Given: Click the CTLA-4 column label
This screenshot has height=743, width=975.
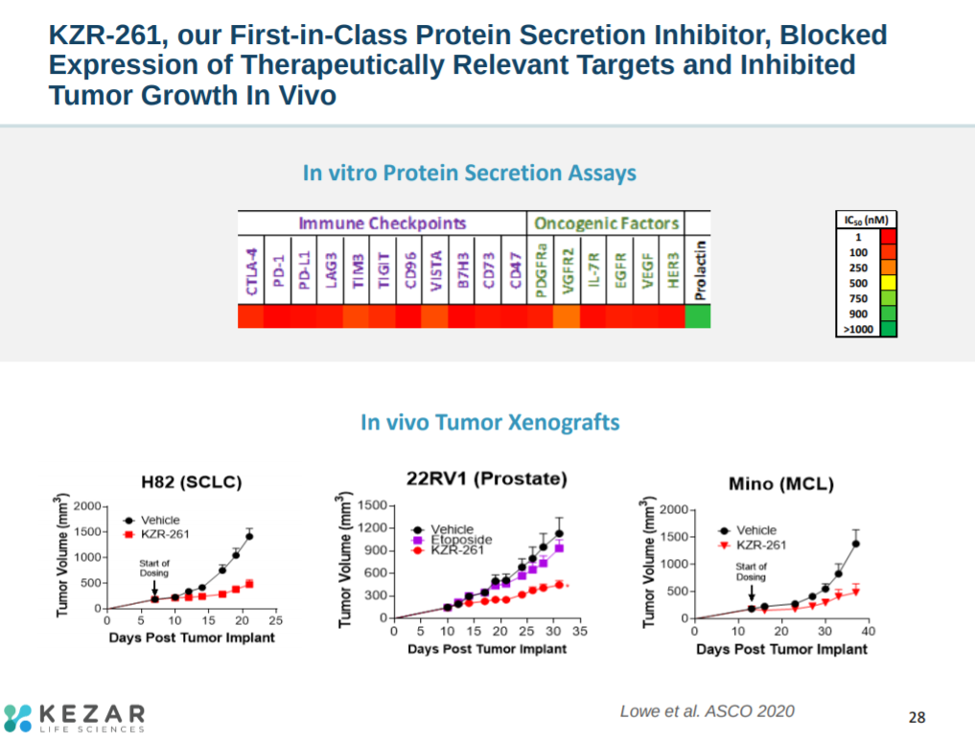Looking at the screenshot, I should [250, 270].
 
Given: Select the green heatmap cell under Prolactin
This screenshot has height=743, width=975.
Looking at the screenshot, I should [697, 316].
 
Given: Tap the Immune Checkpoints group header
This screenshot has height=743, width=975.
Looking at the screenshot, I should [382, 223].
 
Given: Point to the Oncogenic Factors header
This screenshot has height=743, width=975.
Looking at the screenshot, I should [606, 223].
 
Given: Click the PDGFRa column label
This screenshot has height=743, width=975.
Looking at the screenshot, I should [541, 270].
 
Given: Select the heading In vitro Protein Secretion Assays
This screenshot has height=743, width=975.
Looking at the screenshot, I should [469, 174].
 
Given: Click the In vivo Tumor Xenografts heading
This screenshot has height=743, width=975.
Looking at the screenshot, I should [490, 422].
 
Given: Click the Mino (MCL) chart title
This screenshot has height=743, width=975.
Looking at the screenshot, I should [780, 484].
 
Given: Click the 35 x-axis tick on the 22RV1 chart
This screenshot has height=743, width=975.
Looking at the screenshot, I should [581, 632].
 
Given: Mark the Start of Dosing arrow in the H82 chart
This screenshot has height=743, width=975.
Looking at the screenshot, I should [154, 587].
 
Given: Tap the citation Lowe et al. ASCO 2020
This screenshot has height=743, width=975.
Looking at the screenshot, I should [707, 710].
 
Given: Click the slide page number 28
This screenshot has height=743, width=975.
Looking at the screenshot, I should [917, 717].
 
